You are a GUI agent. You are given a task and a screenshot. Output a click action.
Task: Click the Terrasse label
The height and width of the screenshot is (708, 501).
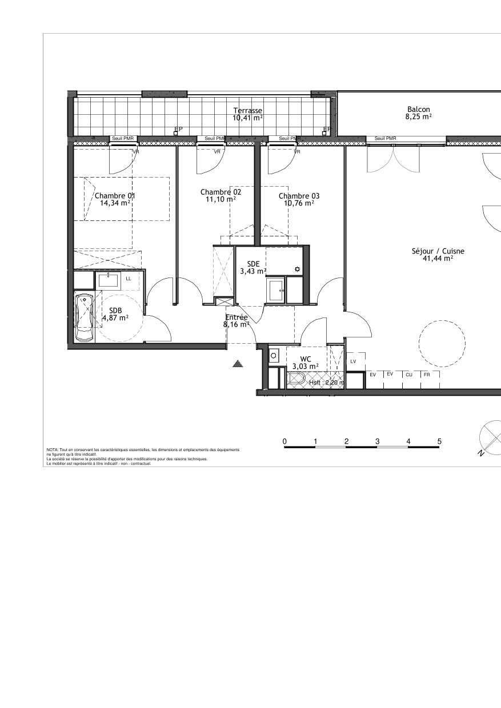click(x=248, y=110)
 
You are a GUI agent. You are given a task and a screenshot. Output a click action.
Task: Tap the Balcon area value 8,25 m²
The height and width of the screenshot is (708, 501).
click(x=418, y=116)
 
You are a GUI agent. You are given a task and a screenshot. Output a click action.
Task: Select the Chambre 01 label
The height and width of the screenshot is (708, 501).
click(x=115, y=195)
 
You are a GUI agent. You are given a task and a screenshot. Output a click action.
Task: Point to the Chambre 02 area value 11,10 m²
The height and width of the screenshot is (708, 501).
click(x=221, y=199)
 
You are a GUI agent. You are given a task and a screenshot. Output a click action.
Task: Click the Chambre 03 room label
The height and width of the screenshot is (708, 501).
click(x=299, y=196)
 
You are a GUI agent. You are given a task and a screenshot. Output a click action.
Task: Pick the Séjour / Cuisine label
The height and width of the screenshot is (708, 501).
click(x=438, y=251)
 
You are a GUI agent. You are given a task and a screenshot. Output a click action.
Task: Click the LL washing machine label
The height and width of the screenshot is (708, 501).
click(x=129, y=279)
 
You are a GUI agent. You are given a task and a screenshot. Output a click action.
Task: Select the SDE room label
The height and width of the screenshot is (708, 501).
click(x=253, y=264)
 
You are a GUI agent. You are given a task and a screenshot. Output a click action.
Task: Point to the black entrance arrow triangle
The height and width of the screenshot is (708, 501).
click(x=238, y=363)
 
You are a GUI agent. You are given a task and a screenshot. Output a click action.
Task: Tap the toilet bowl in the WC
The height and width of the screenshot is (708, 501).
click(x=296, y=378)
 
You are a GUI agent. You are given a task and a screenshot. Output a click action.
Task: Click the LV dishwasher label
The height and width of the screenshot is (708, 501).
click(x=353, y=361)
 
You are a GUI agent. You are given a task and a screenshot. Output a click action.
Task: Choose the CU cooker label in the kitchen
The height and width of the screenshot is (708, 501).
click(x=409, y=375)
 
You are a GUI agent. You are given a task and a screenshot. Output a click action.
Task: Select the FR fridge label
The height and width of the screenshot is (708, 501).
click(x=427, y=375)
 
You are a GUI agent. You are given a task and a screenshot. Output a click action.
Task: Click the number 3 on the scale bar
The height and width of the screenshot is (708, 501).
click(x=378, y=441)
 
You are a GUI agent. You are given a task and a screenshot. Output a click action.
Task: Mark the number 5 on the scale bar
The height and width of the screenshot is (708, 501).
click(x=439, y=441)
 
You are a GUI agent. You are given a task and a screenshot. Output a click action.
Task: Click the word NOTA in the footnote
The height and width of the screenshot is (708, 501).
click(x=52, y=450)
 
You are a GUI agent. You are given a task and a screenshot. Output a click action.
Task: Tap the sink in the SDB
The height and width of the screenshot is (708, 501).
click(x=108, y=280)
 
